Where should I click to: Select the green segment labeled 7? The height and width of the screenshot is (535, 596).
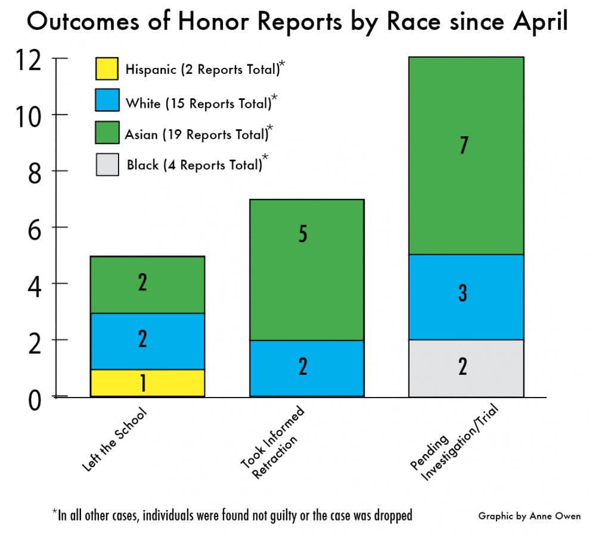[x=465, y=156]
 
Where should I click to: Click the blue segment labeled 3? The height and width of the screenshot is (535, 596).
[x=465, y=297]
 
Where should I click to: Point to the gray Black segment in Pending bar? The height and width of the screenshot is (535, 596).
[x=465, y=368]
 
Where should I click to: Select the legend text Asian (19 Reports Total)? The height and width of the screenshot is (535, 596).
[x=197, y=134]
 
